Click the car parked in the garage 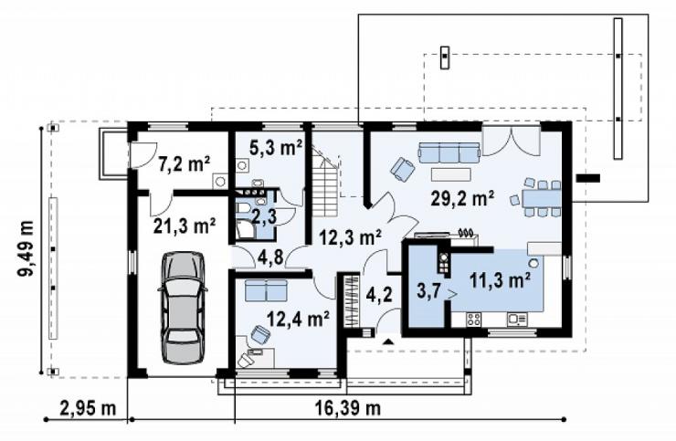coord(183,308)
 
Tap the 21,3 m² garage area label coord(185,226)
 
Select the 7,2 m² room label coord(185,163)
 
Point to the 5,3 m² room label coord(276,148)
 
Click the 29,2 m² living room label coord(462,199)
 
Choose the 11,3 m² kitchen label coord(500,280)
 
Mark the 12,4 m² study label coord(299,319)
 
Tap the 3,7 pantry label coord(428,291)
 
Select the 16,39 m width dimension coord(349,407)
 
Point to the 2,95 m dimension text coord(88,408)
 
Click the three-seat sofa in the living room coord(449,153)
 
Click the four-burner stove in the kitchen coord(474,319)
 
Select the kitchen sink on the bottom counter coord(517,319)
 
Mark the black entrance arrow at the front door coord(389,341)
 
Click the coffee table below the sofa coord(450,174)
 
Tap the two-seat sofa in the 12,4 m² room coord(266,290)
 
